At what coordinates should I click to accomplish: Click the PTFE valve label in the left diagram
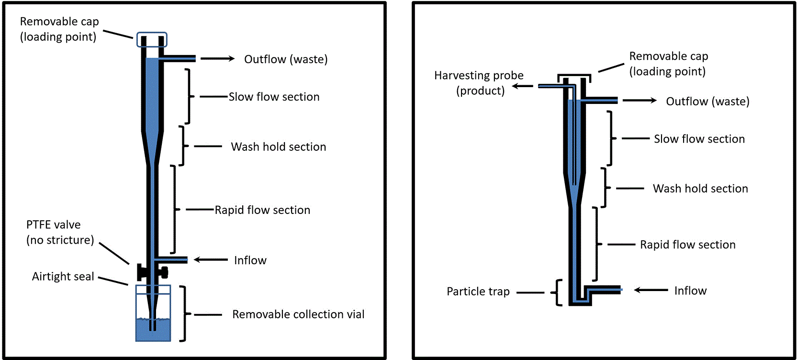60,232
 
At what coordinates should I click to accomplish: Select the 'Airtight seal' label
63,276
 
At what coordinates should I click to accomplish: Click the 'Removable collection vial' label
298,315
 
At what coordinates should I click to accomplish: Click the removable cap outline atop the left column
152,33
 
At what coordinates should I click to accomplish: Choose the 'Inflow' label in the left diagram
250,260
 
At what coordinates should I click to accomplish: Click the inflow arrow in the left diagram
211,259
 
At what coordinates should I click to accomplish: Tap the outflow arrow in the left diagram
217,58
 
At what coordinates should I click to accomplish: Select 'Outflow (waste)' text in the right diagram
707,101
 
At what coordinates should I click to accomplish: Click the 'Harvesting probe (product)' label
479,83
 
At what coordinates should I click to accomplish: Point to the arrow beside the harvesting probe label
522,86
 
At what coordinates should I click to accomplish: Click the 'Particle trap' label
478,292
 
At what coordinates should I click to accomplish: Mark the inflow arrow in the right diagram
651,290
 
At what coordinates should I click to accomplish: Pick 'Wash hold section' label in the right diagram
700,189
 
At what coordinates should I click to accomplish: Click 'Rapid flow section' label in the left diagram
263,210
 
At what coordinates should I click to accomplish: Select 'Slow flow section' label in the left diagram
274,97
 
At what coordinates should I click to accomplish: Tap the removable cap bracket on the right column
574,75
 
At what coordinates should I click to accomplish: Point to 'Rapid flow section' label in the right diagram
688,245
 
